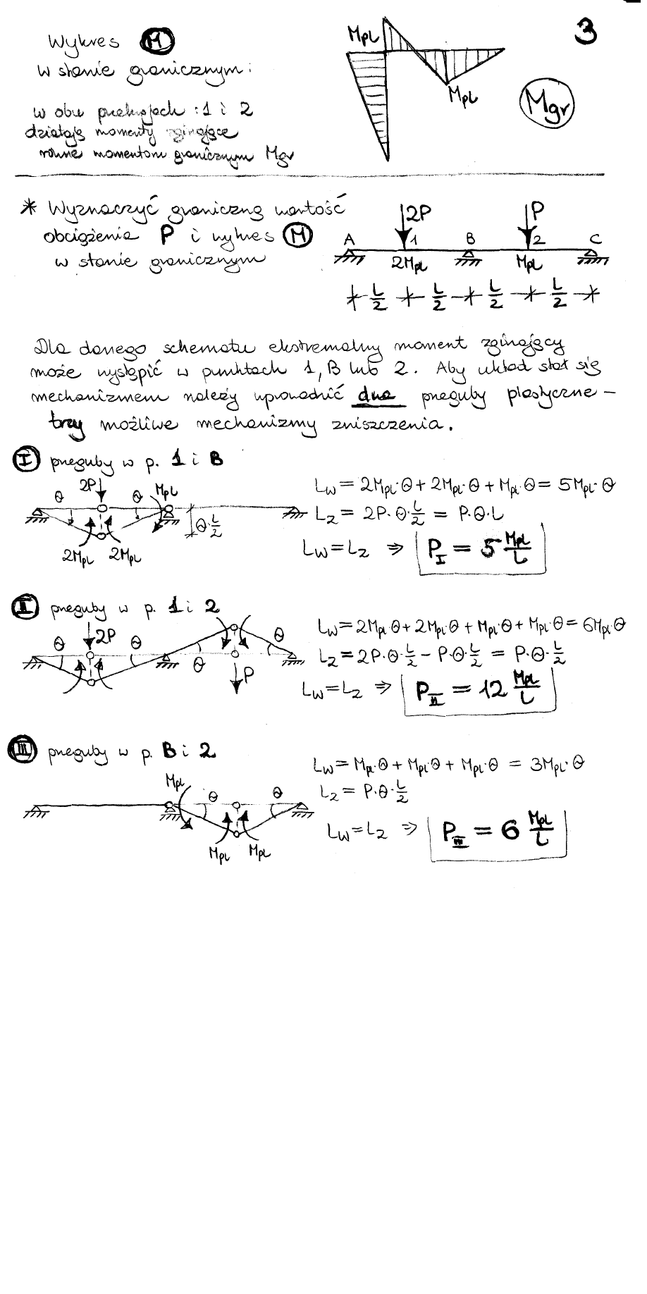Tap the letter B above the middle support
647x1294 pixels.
point(470,240)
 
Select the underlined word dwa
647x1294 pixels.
point(374,398)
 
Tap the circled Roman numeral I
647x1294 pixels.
point(23,462)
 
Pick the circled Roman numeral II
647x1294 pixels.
point(23,606)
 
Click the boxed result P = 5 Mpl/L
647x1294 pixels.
point(482,555)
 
